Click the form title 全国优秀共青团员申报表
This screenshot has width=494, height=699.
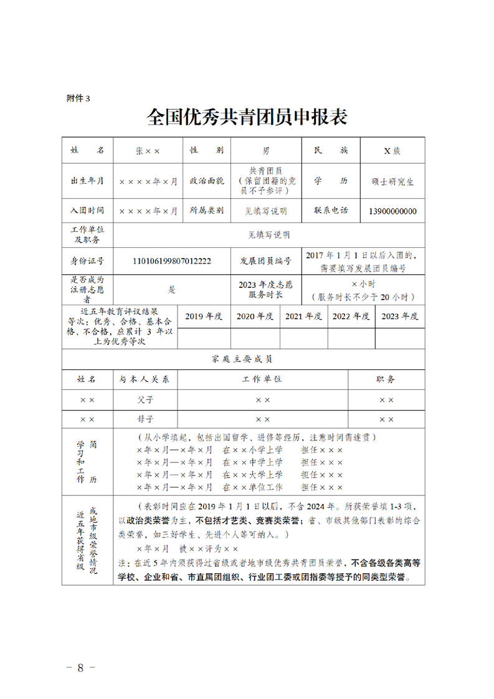coord(247,117)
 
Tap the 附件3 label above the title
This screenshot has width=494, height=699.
coord(78,98)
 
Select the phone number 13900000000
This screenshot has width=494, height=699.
coord(392,211)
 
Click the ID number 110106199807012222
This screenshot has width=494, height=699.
coord(172,261)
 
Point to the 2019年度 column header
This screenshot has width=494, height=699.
coord(204,316)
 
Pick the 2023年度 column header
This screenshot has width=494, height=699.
coord(400,316)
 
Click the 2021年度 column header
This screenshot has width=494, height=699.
coord(304,316)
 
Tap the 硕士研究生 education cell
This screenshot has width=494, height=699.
coord(392,181)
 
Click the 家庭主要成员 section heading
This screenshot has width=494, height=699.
coord(242,359)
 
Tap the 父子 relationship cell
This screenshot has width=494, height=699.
coord(145,399)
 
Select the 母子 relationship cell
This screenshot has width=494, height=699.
coord(145,419)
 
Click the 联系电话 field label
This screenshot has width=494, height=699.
coord(331,211)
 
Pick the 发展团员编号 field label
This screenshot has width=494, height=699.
coord(265,261)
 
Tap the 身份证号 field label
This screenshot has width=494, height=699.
coord(87,261)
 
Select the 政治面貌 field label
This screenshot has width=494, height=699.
coord(206,181)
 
